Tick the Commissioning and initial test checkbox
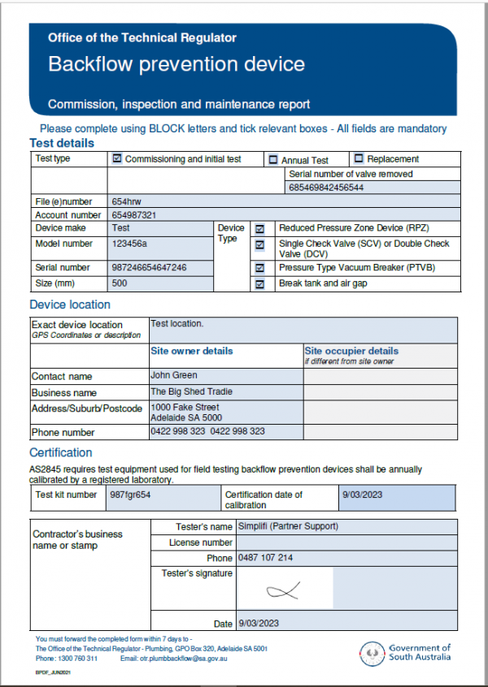click(x=117, y=159)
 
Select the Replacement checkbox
click(x=359, y=159)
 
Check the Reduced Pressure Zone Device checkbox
click(x=259, y=230)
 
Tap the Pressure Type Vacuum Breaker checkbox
click(x=259, y=267)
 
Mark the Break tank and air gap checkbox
click(x=259, y=284)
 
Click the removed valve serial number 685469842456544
click(x=326, y=188)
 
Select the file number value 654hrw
click(x=127, y=201)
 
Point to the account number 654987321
click(x=133, y=215)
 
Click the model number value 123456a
click(x=130, y=244)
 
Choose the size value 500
click(x=120, y=284)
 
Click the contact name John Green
click(x=174, y=375)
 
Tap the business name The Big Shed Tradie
click(x=192, y=391)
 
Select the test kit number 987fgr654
click(x=131, y=494)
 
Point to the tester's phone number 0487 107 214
click(x=265, y=558)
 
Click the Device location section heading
click(x=70, y=305)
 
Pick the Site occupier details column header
click(x=351, y=351)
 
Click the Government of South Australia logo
click(x=406, y=652)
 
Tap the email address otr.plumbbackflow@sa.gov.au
click(x=184, y=659)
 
